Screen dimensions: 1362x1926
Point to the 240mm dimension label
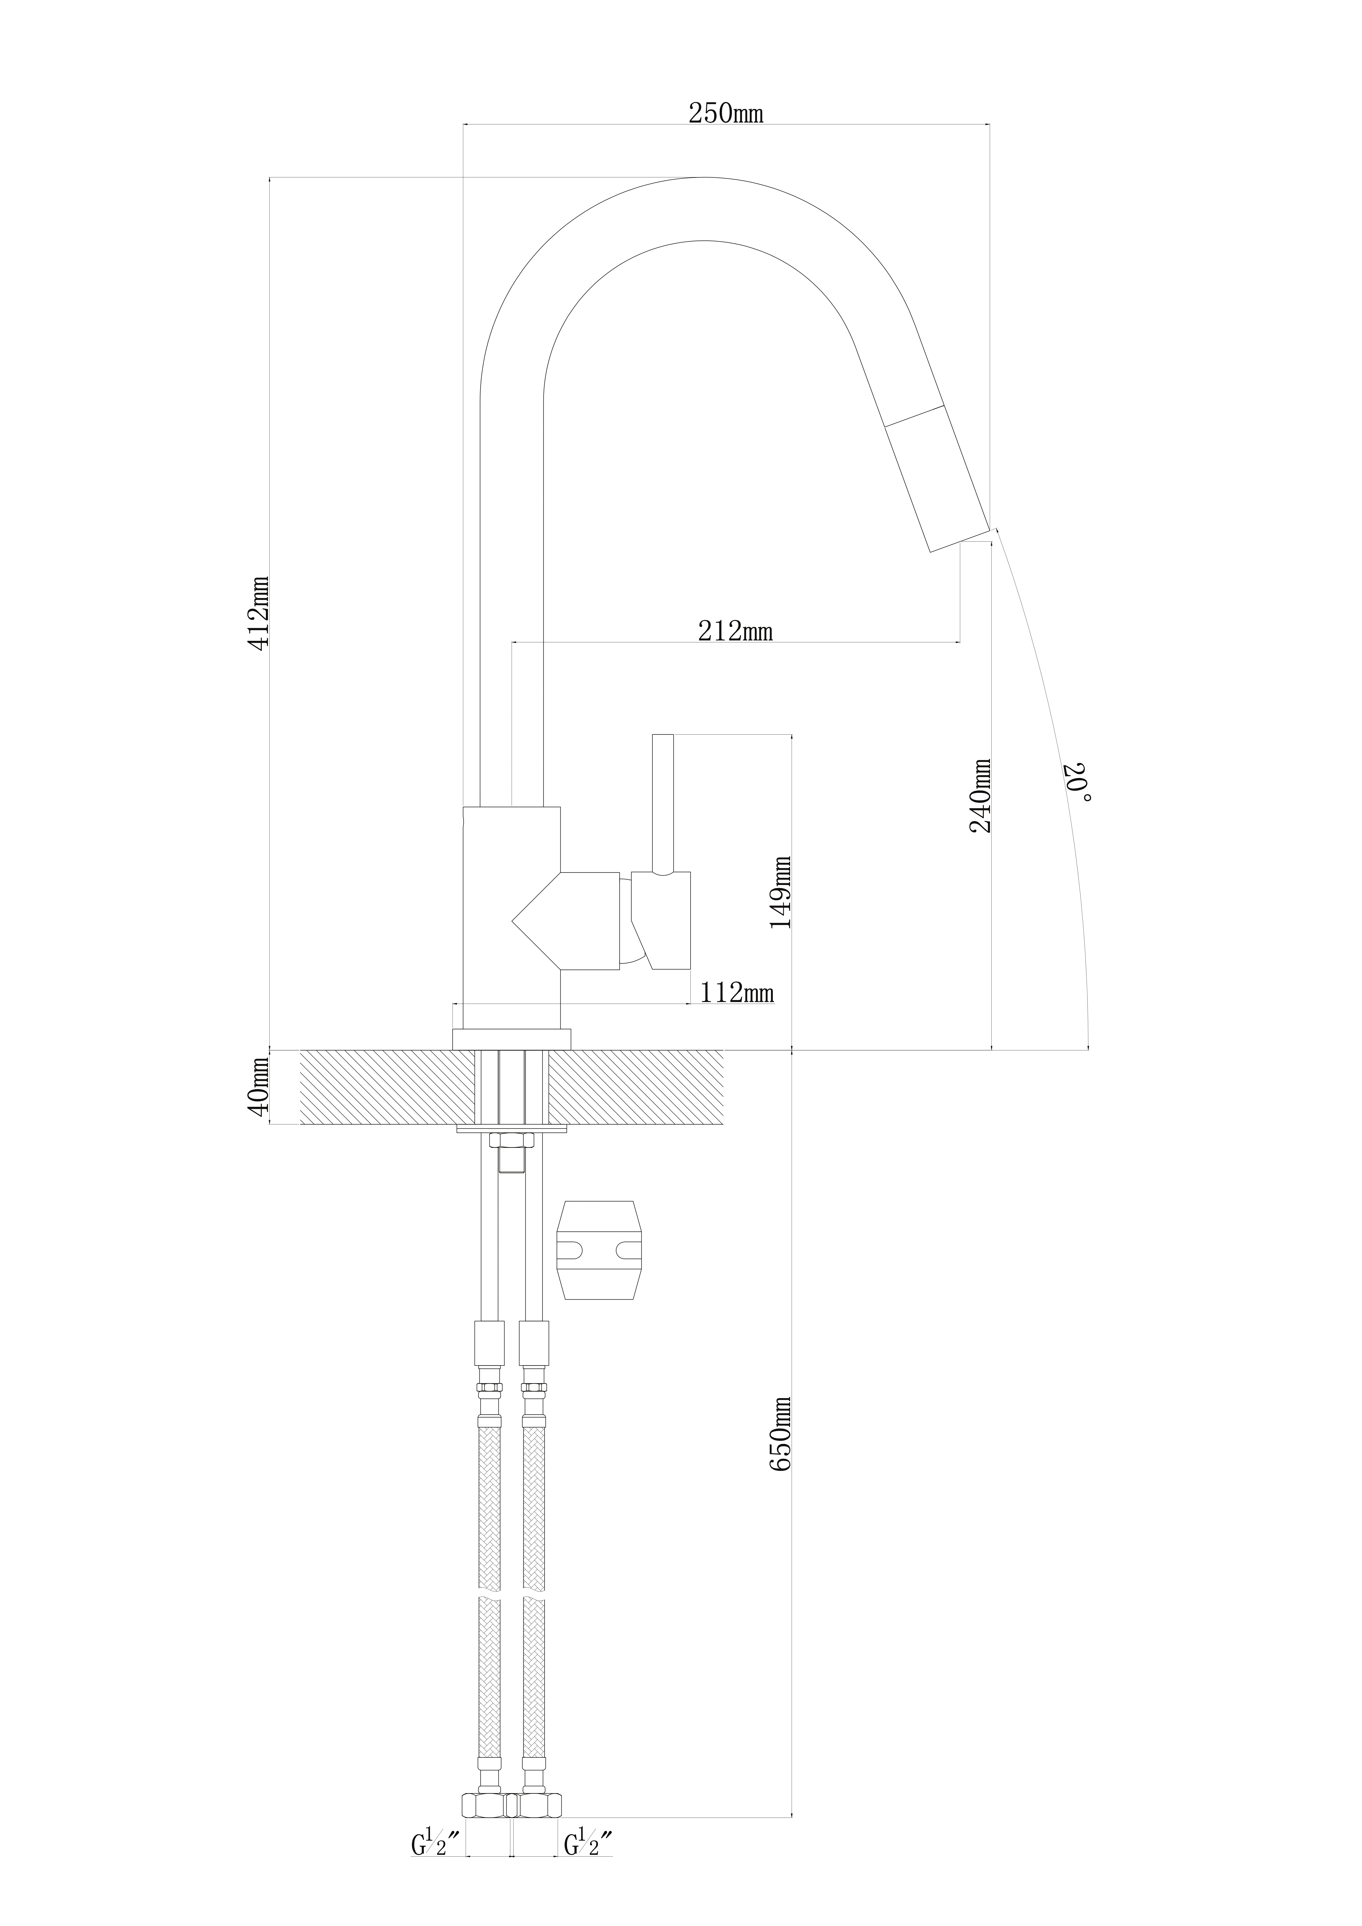coord(979,795)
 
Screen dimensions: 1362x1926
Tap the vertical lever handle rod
coord(663,805)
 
